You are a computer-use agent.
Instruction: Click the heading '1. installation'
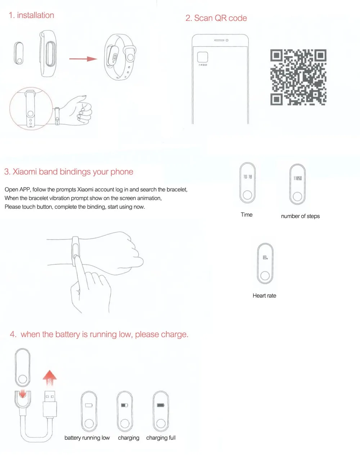click(31, 15)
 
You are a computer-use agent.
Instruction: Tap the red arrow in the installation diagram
click(83, 59)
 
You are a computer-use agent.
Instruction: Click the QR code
click(298, 77)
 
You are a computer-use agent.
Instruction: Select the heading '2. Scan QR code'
click(216, 18)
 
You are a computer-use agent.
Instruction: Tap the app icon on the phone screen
click(203, 57)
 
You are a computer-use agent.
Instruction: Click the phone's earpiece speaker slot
click(219, 40)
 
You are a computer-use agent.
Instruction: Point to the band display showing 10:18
click(248, 177)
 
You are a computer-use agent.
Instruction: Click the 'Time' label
click(247, 215)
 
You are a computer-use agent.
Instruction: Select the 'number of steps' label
click(300, 216)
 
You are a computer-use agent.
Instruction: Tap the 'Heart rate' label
click(264, 296)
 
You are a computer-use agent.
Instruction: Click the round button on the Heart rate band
click(265, 276)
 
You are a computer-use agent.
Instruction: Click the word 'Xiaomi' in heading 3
click(25, 172)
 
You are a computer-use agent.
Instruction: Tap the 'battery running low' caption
click(87, 438)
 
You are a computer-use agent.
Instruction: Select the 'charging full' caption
click(161, 438)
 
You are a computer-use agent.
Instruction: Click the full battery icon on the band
click(161, 405)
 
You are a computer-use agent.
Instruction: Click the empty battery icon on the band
click(89, 405)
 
